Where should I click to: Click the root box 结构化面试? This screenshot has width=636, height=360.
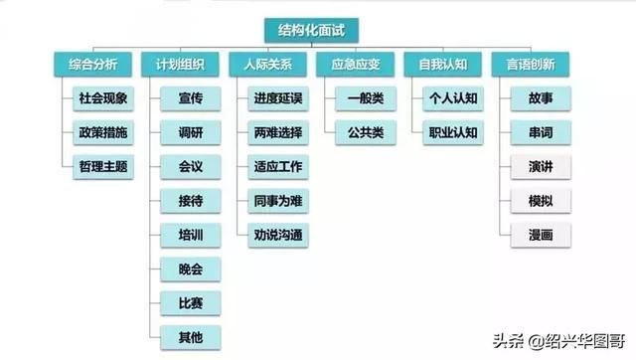(x=311, y=30)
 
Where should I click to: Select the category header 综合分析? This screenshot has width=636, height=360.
(x=92, y=65)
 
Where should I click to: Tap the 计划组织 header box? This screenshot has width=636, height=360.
(x=180, y=65)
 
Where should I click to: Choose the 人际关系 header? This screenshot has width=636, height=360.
(x=267, y=65)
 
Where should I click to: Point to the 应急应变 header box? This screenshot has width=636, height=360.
(x=355, y=65)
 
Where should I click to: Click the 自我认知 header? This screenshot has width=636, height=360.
(x=442, y=65)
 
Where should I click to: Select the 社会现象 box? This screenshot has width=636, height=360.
(x=103, y=98)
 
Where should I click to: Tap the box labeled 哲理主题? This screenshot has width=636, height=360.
(x=103, y=166)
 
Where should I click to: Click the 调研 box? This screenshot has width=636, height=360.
(x=191, y=132)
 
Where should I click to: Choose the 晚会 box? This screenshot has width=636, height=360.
(x=191, y=270)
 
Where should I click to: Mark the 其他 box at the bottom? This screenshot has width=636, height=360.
(x=191, y=337)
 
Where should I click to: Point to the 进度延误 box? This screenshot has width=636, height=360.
(x=278, y=98)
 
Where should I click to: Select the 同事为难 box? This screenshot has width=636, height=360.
(x=278, y=200)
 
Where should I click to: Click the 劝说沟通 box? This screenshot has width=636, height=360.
(x=278, y=235)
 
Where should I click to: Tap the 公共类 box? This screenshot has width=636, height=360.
(x=365, y=132)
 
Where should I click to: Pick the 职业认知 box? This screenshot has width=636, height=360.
(x=453, y=132)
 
